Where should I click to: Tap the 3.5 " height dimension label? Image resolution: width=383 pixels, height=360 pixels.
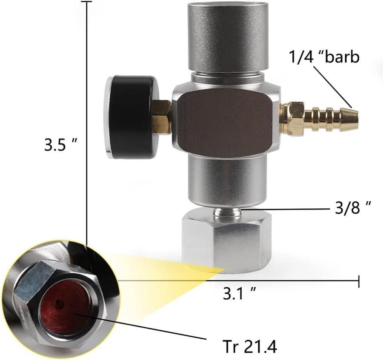click(60, 145)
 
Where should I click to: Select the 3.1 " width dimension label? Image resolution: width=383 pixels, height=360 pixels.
click(240, 292)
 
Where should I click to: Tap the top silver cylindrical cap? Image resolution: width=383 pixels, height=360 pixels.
click(229, 36)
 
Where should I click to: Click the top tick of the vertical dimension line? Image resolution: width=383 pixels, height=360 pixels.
click(87, 2)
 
